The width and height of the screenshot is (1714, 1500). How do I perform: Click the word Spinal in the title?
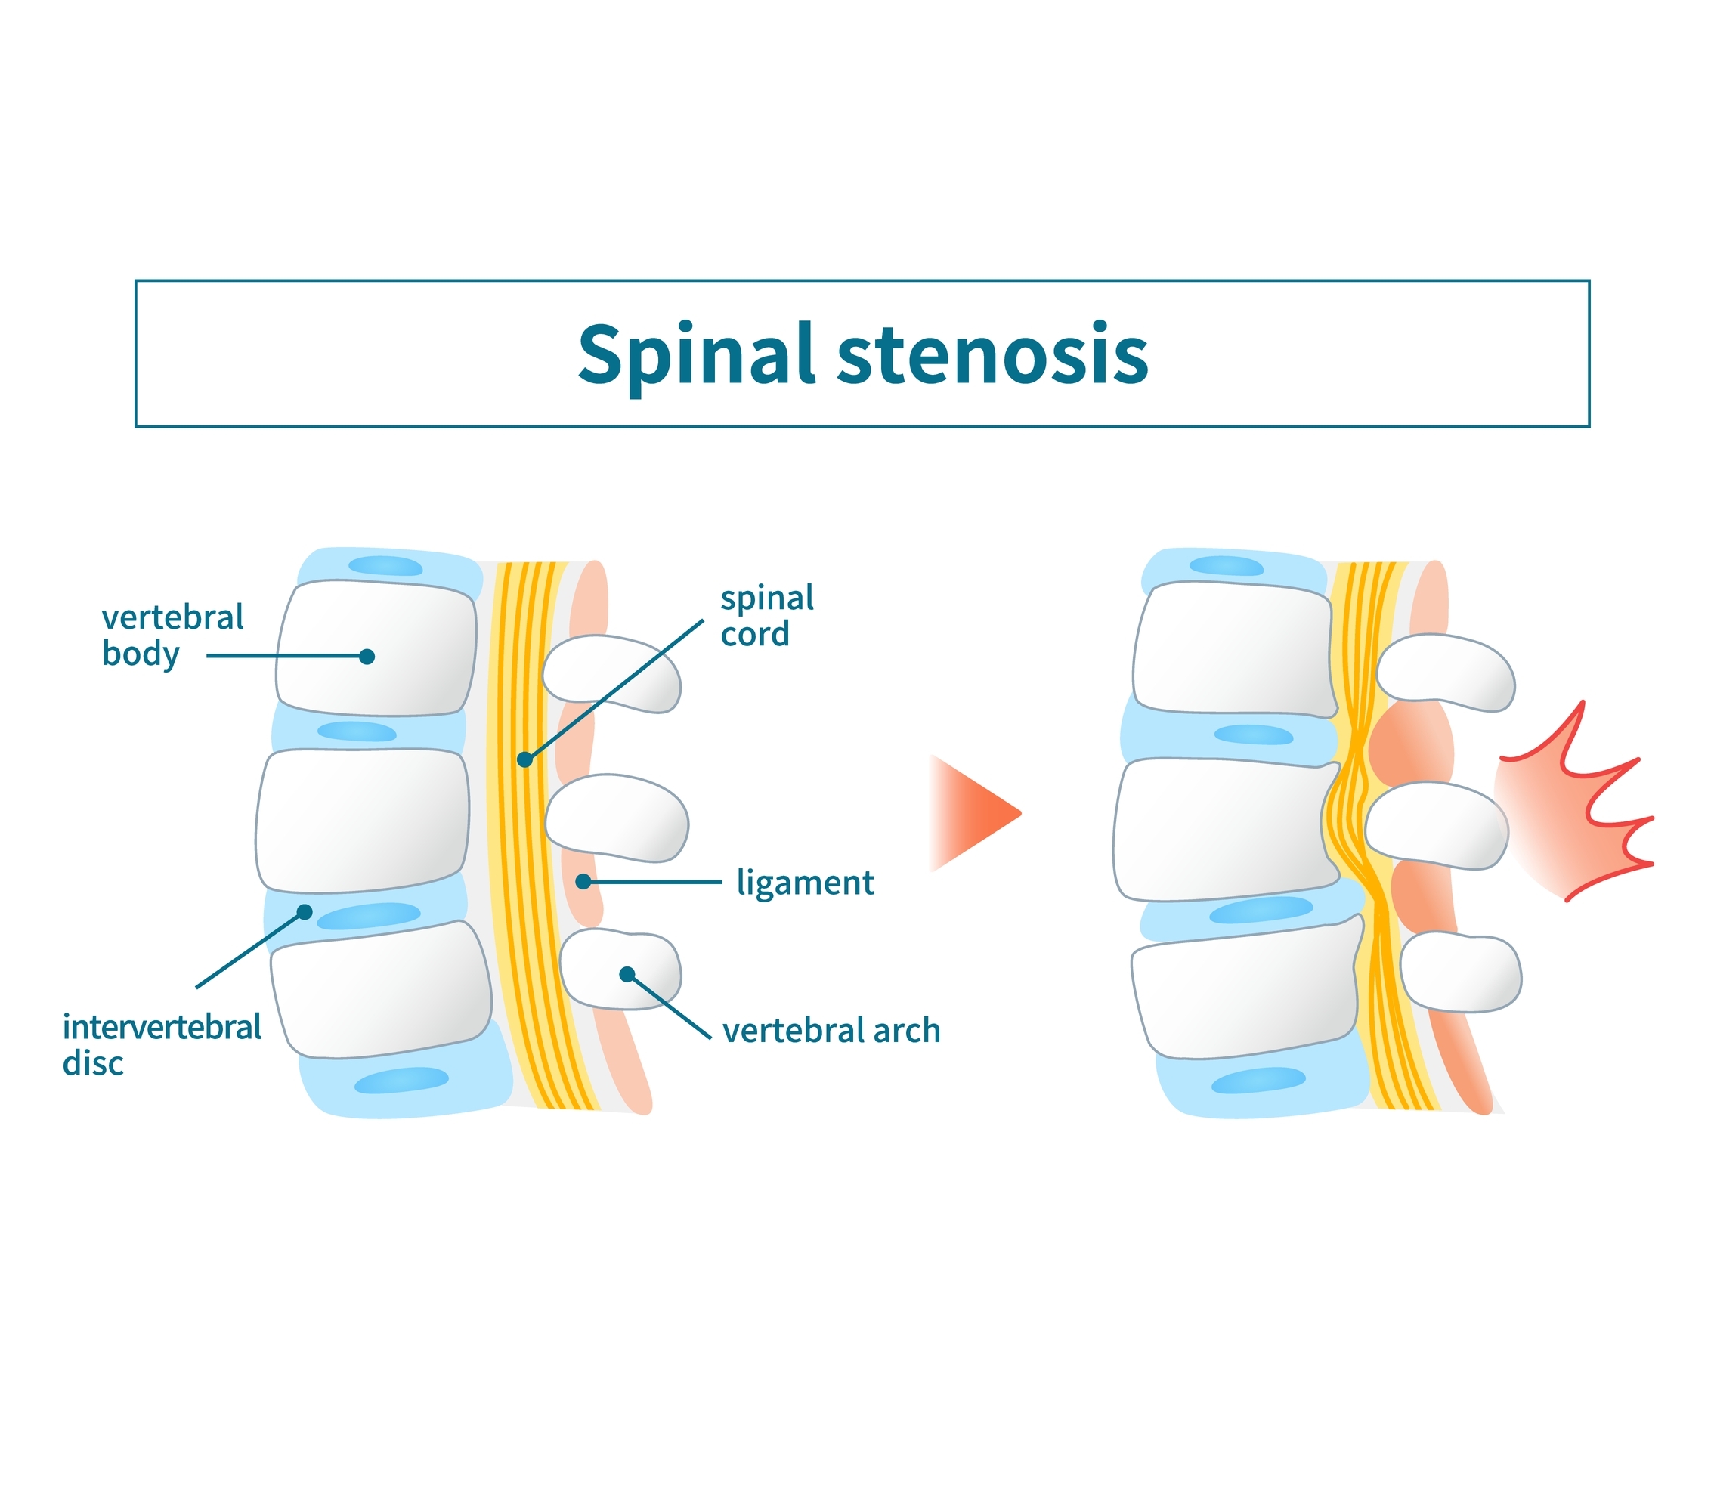pos(695,355)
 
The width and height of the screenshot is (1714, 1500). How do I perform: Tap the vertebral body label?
pos(172,636)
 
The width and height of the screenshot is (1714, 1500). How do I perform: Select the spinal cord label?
pos(766,616)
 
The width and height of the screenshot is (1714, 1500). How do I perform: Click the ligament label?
pos(804,883)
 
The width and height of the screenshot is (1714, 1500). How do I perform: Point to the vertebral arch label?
pos(831,1031)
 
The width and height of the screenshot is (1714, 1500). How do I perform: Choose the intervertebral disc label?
pos(161,1044)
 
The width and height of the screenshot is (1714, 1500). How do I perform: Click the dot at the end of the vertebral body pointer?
pos(367,656)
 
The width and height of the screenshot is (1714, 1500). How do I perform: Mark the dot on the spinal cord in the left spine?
pos(524,759)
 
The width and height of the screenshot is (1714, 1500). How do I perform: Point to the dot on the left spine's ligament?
pos(583,881)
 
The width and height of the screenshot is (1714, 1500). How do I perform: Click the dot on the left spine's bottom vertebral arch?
pos(627,973)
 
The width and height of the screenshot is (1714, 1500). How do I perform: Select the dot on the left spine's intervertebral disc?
pos(305,911)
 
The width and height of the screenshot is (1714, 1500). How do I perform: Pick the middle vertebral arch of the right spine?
pos(1435,825)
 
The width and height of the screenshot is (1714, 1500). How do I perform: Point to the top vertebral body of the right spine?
pos(1230,648)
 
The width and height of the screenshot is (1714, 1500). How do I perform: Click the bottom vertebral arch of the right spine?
pos(1460,973)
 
